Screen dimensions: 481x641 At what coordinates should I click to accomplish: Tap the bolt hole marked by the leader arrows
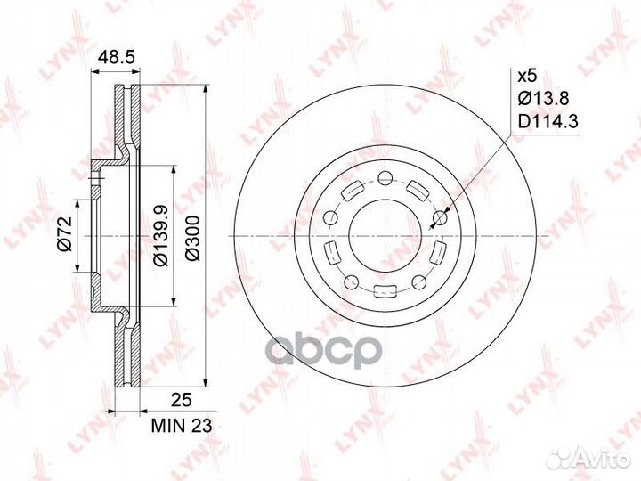[439, 217]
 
